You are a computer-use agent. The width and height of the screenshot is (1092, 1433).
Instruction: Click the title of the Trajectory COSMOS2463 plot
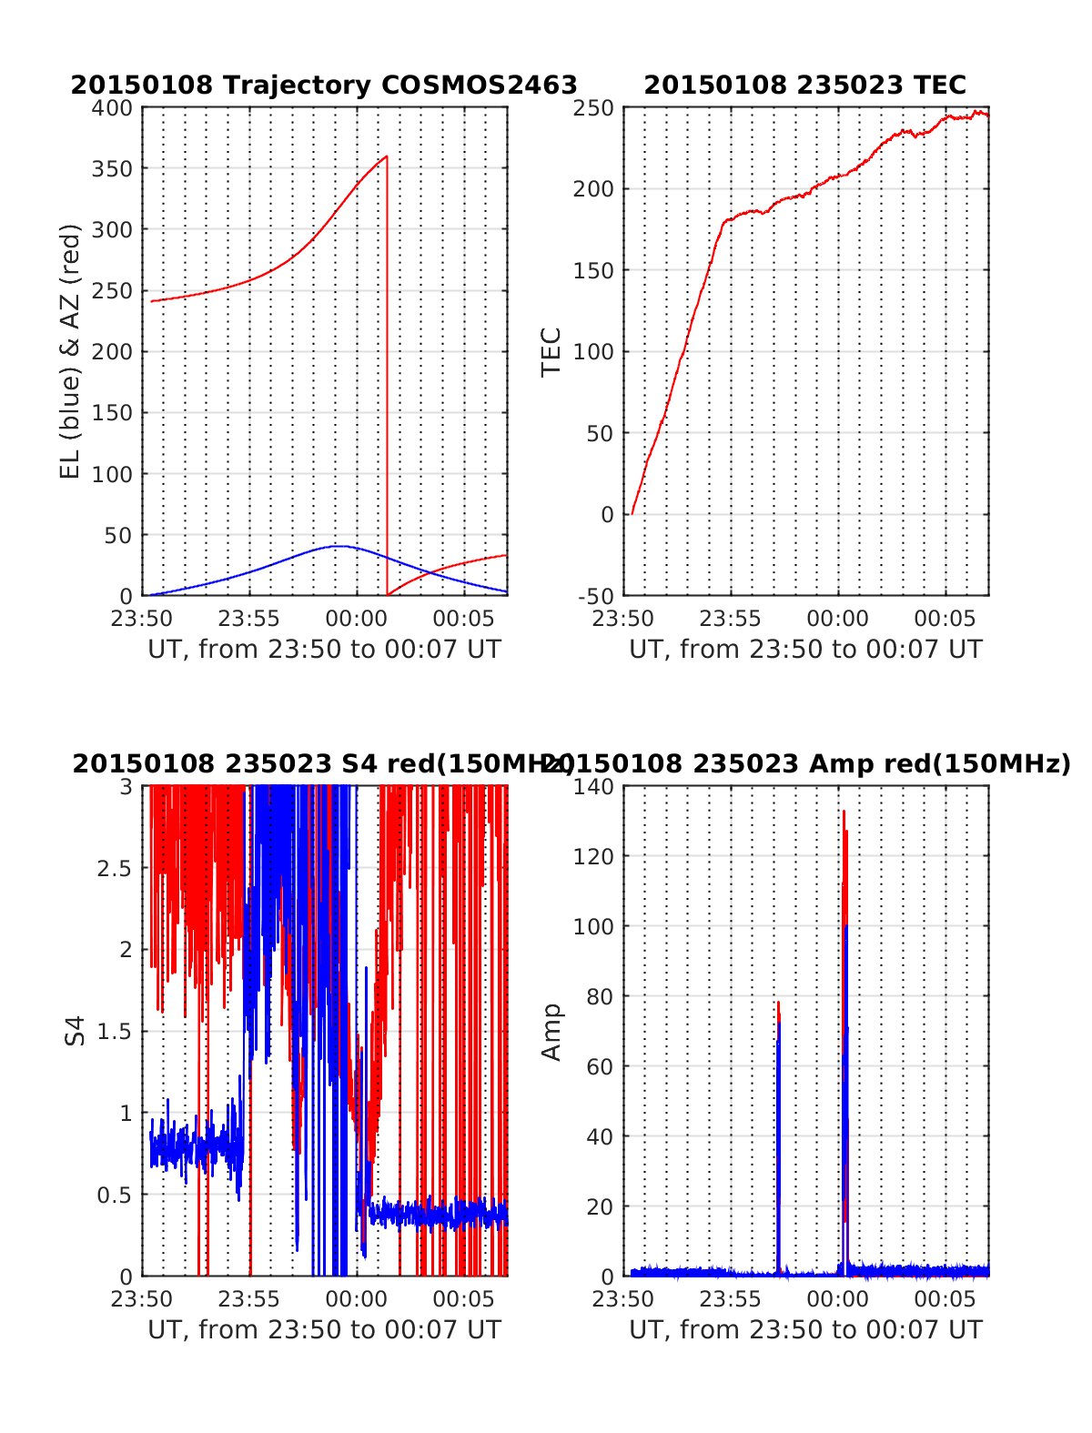pos(324,85)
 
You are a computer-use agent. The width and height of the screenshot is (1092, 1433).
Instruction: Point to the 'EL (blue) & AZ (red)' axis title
pos(70,351)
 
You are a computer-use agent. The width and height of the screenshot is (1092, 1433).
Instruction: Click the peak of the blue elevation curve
pos(338,546)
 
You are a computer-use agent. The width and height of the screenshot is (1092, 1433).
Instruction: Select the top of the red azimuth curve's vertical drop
pos(387,156)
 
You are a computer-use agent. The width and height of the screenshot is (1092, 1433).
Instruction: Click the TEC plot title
pos(804,85)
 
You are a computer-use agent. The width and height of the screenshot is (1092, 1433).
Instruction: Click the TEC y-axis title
pos(551,351)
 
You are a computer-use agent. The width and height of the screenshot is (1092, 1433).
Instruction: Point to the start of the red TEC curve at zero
pos(632,514)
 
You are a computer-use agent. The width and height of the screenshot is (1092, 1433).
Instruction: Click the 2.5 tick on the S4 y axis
pos(115,868)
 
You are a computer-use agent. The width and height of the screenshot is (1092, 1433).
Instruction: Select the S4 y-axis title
pos(76,1031)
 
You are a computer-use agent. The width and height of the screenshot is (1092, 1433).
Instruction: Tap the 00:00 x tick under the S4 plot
pos(357,1298)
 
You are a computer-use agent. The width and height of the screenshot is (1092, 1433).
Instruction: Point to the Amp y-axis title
pos(551,1031)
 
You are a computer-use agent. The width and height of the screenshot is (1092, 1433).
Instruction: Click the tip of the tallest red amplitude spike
pos(844,811)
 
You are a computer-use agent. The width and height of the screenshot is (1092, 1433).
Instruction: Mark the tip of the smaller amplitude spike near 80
pos(778,1002)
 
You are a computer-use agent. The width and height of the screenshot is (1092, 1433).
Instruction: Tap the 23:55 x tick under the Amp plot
pos(731,1298)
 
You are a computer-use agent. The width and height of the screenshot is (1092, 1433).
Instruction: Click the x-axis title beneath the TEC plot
pos(805,650)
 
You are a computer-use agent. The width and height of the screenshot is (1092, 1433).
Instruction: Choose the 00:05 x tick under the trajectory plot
pos(464,619)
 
